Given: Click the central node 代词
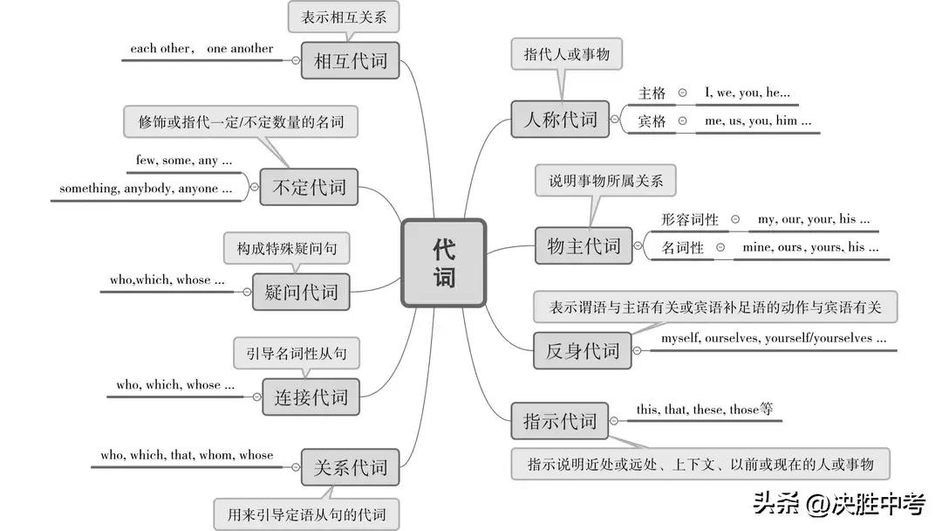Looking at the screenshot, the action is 443,263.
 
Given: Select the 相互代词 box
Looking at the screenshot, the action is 351,60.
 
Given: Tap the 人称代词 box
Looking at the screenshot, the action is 560,119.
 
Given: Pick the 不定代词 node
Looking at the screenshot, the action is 309,187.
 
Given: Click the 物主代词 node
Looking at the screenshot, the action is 584,245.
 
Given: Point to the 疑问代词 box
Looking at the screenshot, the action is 301,293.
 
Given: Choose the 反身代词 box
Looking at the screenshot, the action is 582,350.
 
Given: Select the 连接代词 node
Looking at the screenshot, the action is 311,397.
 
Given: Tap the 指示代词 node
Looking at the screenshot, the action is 560,421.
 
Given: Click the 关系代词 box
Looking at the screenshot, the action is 351,467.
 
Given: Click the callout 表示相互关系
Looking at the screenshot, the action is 344,17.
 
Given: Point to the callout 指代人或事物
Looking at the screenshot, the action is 567,54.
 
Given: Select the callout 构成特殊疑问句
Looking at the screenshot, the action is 287,248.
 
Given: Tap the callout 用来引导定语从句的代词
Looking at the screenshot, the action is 306,514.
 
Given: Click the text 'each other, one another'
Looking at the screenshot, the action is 201,49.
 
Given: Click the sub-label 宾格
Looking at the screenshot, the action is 652,121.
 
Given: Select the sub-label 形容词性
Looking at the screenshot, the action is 690,219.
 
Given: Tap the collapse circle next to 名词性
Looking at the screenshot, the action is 720,247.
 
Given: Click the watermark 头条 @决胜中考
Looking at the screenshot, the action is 839,503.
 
